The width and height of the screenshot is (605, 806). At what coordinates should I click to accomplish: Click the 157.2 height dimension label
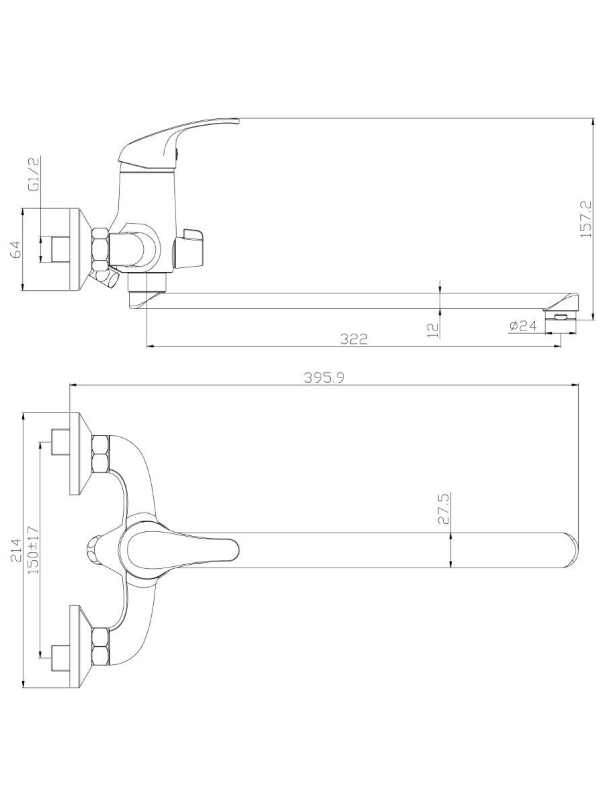click(586, 219)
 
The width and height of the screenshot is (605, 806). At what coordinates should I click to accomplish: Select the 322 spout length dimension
click(354, 339)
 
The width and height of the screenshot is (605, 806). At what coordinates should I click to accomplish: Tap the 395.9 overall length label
click(325, 377)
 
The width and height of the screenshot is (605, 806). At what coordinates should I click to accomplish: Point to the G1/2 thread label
click(35, 174)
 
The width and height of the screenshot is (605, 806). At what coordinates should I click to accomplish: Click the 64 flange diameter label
click(17, 250)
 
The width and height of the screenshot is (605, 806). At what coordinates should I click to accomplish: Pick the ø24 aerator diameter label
click(523, 325)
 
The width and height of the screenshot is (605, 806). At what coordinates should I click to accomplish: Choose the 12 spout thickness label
click(434, 330)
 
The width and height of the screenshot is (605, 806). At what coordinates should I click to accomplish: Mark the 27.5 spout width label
click(444, 508)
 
